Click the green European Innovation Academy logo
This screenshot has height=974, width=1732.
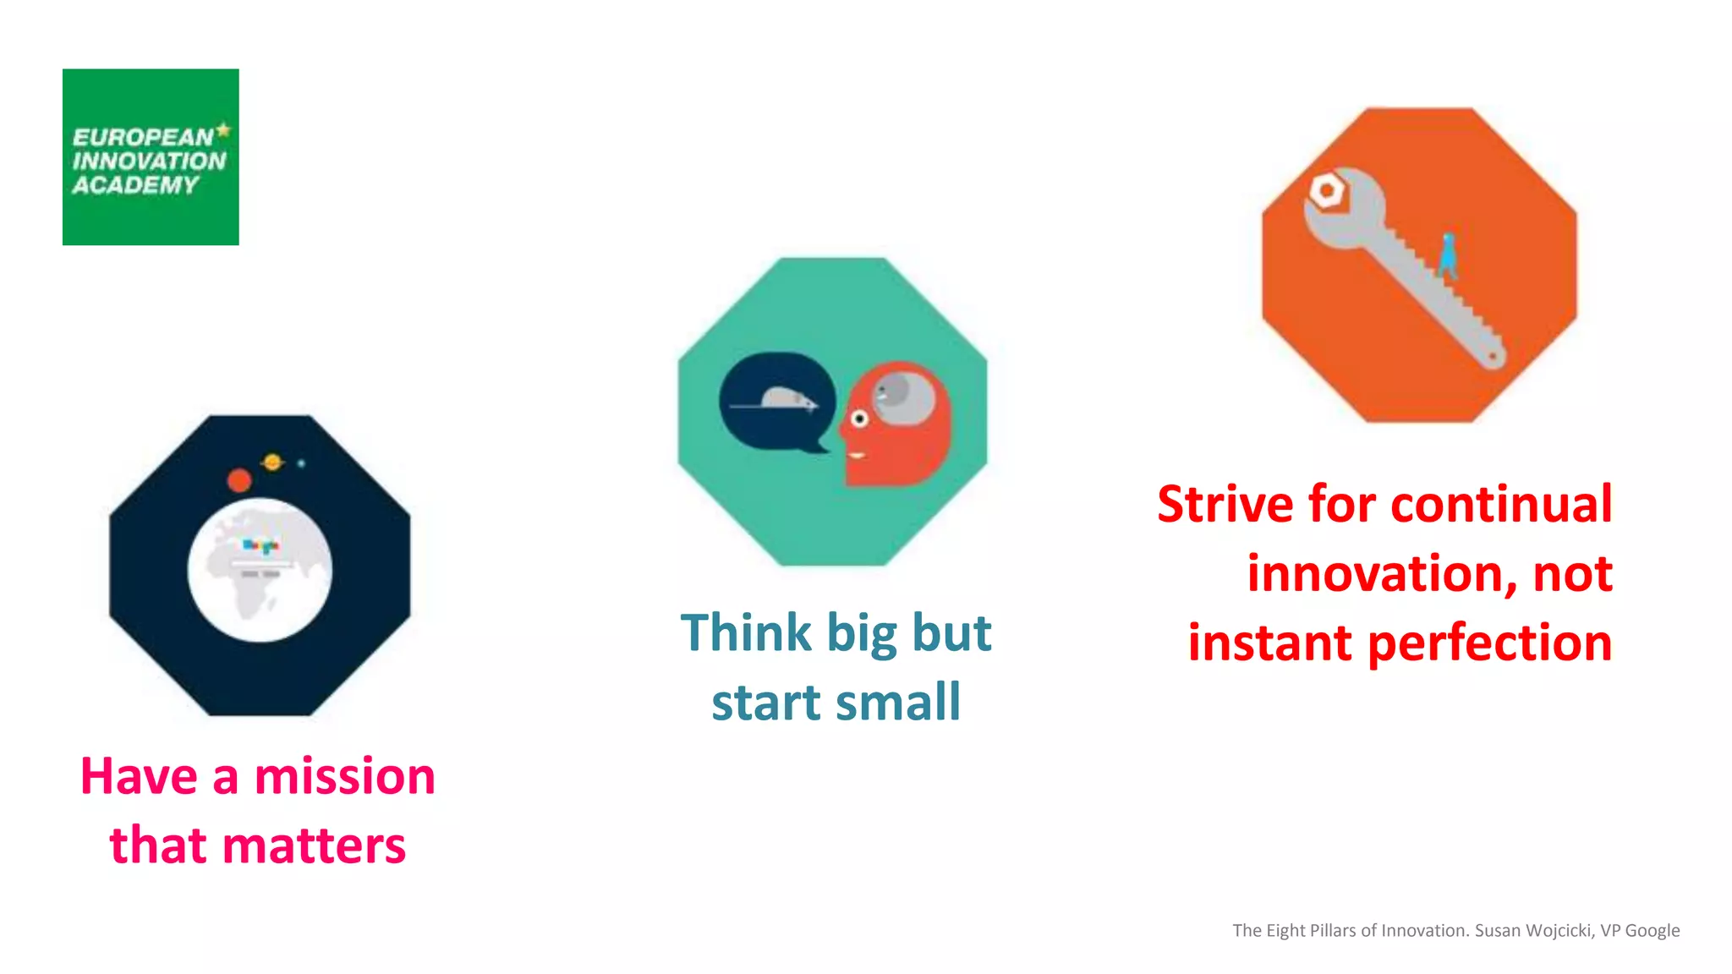tap(151, 157)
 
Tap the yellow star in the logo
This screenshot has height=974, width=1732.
tap(223, 130)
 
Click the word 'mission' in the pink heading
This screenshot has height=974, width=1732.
tap(344, 776)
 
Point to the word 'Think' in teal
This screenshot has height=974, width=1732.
tap(746, 632)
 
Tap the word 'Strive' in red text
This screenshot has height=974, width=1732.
tap(1225, 505)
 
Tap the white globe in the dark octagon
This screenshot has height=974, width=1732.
tap(260, 570)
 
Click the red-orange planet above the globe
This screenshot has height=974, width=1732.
tap(239, 480)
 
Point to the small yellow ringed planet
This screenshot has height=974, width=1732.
tap(272, 462)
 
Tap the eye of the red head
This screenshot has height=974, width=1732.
tap(859, 419)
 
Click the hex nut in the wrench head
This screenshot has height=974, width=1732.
tap(1326, 191)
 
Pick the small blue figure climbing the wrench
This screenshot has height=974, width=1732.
tap(1448, 255)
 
